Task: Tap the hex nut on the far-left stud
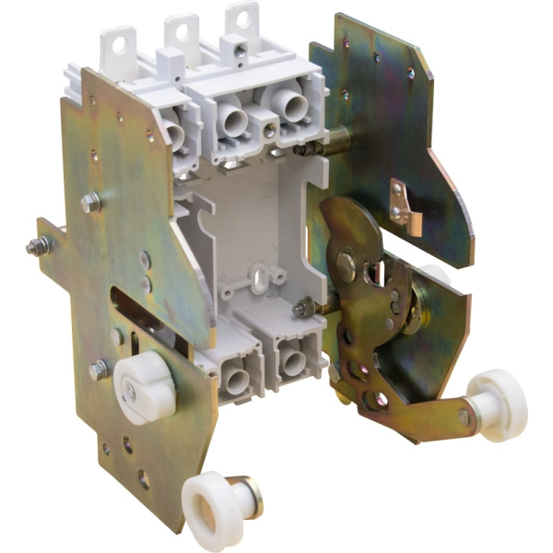coord(39,246)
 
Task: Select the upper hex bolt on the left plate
coord(91,202)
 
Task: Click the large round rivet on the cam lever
coord(347,267)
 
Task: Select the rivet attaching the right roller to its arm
coord(464,418)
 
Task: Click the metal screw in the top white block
coord(240,49)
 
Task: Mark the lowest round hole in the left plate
coord(144,480)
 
